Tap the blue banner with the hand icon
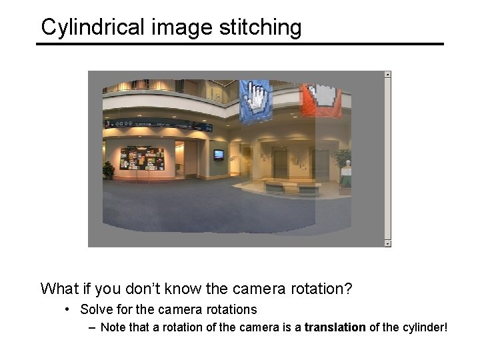(255, 101)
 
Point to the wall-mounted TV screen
(219, 155)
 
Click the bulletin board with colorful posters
(145, 159)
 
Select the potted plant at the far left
(108, 169)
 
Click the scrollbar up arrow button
(387, 75)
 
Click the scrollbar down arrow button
(387, 243)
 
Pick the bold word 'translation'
(335, 327)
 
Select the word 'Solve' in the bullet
(95, 309)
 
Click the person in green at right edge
(345, 175)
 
